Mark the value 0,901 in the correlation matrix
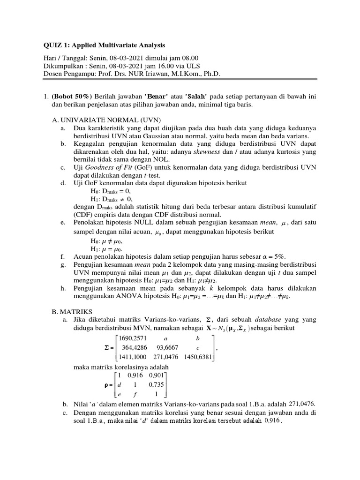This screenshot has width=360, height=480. pyautogui.click(x=157, y=375)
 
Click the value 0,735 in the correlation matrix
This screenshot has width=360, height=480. pyautogui.click(x=157, y=384)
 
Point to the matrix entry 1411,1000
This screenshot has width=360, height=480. pyautogui.click(x=122, y=357)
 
